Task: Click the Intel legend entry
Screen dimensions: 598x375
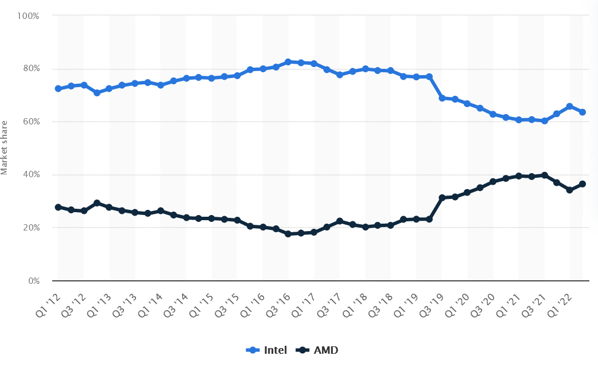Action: [x=266, y=350]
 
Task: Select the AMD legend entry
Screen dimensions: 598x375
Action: [x=317, y=350]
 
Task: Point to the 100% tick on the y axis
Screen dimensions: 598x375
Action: [x=28, y=16]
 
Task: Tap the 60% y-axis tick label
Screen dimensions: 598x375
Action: [x=30, y=122]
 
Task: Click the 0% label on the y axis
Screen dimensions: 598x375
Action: [x=34, y=281]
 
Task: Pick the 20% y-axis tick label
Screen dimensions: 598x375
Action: [x=30, y=228]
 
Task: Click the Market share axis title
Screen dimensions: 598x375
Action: [x=4, y=147]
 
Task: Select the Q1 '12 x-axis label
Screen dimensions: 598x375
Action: [x=48, y=305]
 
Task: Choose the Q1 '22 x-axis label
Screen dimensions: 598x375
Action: [x=560, y=305]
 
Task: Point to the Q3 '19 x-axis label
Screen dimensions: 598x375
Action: [x=432, y=305]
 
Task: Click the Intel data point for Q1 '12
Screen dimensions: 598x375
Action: [x=58, y=89]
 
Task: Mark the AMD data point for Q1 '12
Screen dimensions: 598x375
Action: [x=58, y=208]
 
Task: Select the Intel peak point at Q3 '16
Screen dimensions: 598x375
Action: [x=288, y=62]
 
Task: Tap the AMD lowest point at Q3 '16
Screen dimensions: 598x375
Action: [x=288, y=234]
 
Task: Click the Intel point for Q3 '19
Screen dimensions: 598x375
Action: [x=442, y=98]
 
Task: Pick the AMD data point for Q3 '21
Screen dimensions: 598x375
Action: [x=545, y=175]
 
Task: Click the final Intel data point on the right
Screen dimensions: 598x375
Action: [x=583, y=112]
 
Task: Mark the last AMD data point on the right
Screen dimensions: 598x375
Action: [x=583, y=184]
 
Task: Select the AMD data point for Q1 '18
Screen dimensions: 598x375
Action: [x=366, y=227]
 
